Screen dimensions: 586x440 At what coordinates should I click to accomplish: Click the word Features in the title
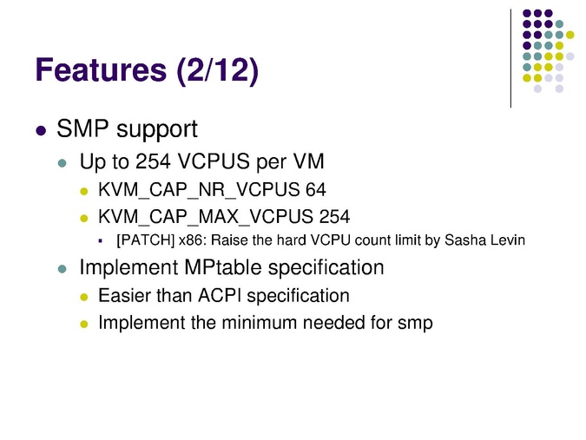pos(101,69)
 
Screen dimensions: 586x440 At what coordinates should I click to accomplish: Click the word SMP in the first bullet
pos(82,128)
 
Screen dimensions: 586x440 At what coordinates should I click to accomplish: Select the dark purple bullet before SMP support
pos(41,131)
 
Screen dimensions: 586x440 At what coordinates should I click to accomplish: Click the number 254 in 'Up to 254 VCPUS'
pos(153,161)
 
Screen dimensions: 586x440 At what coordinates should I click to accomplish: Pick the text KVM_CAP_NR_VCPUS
pos(199,190)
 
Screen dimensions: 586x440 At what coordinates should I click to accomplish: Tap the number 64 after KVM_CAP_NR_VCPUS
pos(316,189)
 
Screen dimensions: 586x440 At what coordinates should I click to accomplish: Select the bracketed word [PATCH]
pos(146,240)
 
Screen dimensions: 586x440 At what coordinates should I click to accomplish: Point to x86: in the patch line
pos(193,240)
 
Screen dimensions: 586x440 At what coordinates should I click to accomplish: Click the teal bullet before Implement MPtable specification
pos(62,269)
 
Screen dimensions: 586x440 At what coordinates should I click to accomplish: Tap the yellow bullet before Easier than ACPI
pos(84,298)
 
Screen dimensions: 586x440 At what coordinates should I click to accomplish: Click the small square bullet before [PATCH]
pos(100,241)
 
